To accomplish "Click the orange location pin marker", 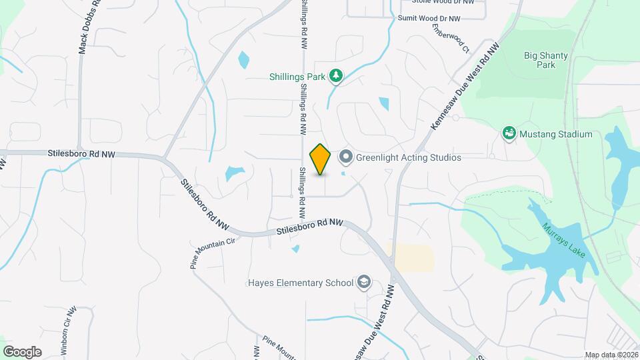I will (x=321, y=159).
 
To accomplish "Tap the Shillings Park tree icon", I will (x=337, y=77).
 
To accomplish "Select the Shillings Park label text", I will (x=297, y=77).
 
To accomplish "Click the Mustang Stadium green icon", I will (x=509, y=134).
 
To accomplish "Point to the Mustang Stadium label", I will (x=556, y=134).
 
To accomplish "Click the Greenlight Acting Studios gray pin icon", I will (x=345, y=157).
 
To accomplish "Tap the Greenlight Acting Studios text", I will (x=409, y=158).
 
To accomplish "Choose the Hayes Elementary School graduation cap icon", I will (x=363, y=283).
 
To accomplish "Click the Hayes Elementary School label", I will (x=311, y=283).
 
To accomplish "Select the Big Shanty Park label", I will (x=540, y=60).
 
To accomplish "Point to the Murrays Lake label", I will (x=563, y=237).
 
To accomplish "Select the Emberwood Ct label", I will (x=451, y=39).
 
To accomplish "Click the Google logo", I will (x=22, y=351).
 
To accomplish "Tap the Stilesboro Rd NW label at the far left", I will (x=81, y=153).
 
